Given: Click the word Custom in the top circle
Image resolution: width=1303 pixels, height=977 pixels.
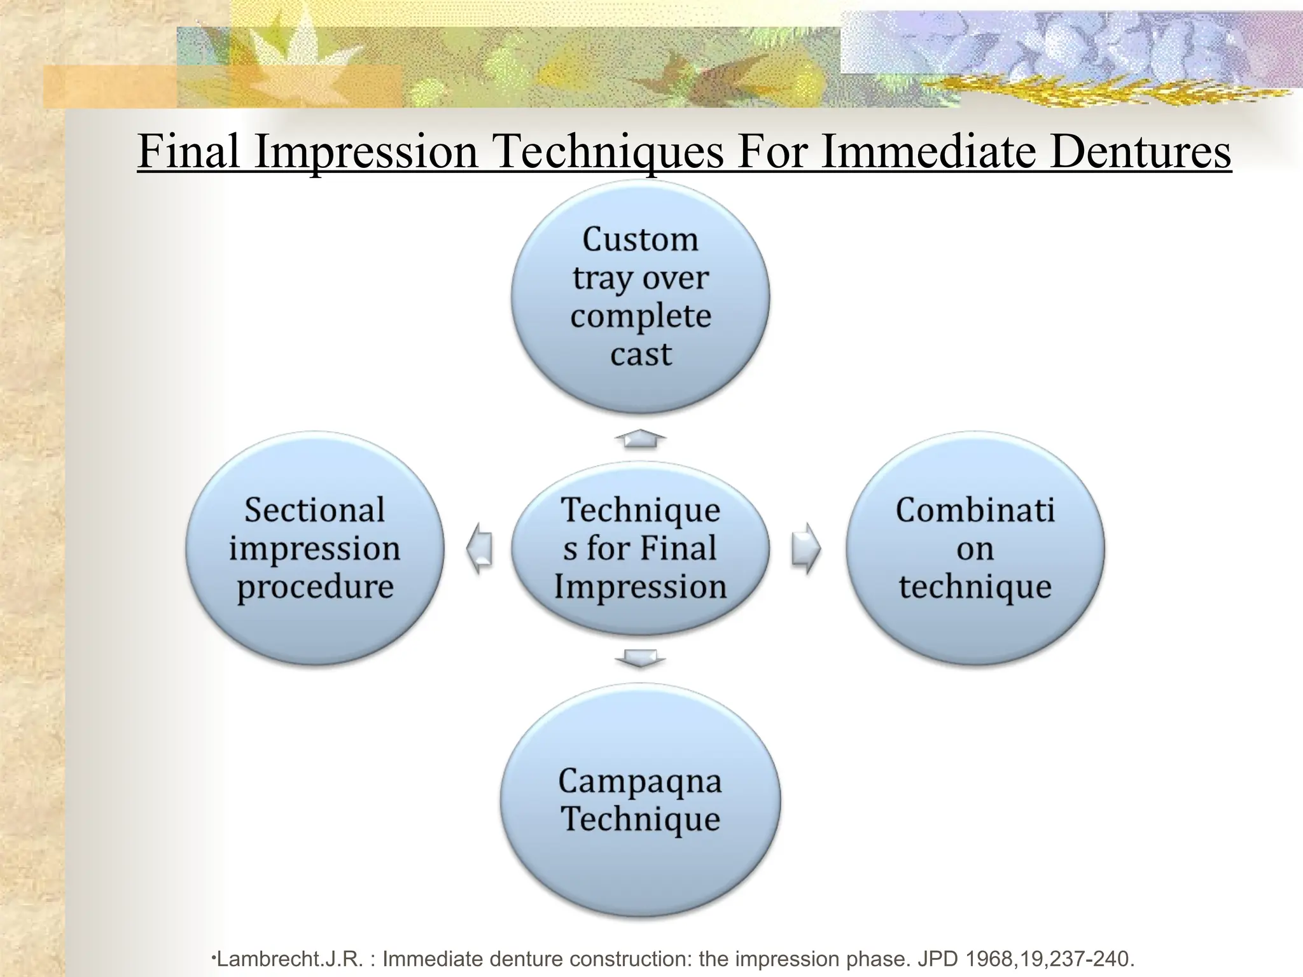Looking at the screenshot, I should click(x=640, y=240).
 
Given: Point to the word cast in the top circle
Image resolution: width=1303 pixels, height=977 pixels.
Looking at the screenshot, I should click(x=640, y=354).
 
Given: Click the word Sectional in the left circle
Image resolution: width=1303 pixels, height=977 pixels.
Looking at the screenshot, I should click(x=314, y=510).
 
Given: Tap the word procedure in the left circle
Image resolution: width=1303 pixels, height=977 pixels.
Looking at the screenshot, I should click(x=314, y=587).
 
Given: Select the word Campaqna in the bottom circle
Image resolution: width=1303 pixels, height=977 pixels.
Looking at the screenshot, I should click(x=640, y=781).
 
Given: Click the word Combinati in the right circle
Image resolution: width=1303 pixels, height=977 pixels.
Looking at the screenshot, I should click(x=975, y=510).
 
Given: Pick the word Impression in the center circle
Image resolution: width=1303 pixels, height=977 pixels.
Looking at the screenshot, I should click(x=640, y=586).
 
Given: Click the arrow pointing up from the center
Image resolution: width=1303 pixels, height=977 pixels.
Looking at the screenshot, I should click(x=640, y=438).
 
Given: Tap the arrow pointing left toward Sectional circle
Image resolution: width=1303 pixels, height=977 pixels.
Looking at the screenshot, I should click(x=480, y=548).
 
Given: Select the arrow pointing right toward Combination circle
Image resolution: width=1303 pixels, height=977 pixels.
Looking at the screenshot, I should click(x=805, y=548).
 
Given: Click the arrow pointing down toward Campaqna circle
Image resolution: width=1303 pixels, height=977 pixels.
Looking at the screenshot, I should click(x=640, y=658).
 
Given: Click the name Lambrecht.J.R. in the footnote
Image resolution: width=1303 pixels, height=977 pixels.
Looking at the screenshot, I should click(x=290, y=958).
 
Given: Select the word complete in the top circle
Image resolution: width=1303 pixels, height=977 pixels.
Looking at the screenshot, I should click(x=640, y=316).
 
